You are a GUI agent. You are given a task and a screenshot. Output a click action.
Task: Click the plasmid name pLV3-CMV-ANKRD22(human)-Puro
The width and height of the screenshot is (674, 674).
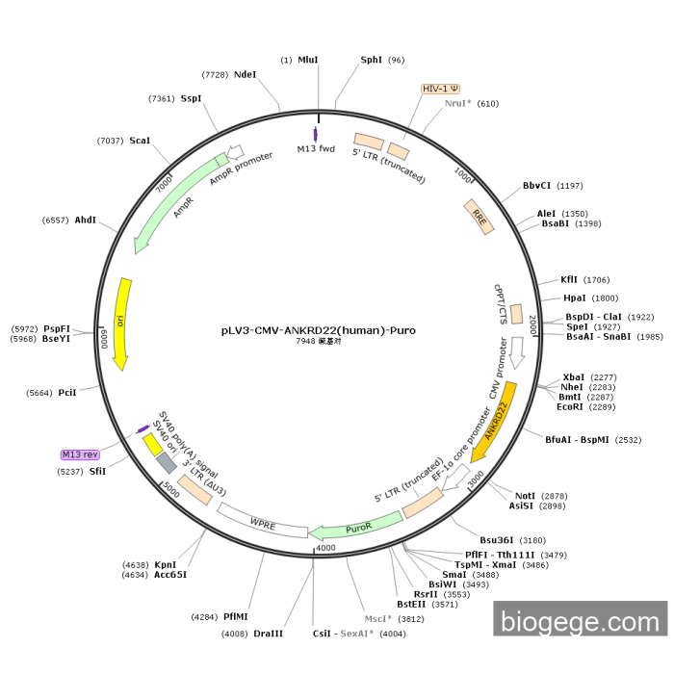pyautogui.click(x=318, y=330)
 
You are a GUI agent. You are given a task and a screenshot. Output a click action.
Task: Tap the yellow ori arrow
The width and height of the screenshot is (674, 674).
pyautogui.click(x=121, y=323)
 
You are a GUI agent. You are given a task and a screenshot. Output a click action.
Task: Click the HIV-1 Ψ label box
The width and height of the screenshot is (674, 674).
pyautogui.click(x=440, y=89)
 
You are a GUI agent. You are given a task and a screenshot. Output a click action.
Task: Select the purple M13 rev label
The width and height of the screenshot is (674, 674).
pyautogui.click(x=80, y=454)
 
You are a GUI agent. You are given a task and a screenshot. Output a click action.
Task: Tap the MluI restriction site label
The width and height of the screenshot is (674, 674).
pyautogui.click(x=308, y=60)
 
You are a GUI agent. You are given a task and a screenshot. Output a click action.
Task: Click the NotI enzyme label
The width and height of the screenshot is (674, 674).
pyautogui.click(x=525, y=495)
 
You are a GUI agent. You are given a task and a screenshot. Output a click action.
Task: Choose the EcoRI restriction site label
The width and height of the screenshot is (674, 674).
pyautogui.click(x=570, y=406)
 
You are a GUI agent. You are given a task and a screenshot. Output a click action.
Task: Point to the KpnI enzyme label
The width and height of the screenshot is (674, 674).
pyautogui.click(x=165, y=564)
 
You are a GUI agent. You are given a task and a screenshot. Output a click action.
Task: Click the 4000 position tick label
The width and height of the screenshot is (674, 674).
pyautogui.click(x=325, y=548)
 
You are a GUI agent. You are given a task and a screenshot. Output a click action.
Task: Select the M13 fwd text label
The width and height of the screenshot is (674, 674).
pyautogui.click(x=315, y=149)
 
